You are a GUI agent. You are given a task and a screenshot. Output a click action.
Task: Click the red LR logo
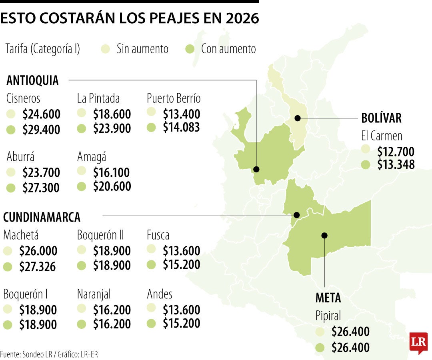click(x=418, y=343)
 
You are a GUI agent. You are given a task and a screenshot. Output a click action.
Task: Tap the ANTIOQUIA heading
click(x=32, y=80)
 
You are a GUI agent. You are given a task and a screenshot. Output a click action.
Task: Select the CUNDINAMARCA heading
click(x=42, y=217)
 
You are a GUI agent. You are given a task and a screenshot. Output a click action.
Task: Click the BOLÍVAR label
click(x=381, y=118)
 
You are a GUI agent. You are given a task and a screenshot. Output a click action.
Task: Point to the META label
click(x=328, y=298)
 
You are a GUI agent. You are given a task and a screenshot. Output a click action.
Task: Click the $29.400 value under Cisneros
click(x=41, y=130)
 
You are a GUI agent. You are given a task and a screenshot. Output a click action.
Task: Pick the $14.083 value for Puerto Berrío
click(x=181, y=128)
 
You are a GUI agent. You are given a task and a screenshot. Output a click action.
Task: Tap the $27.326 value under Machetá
click(x=38, y=267)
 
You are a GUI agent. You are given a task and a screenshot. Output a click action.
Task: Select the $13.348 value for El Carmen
click(x=396, y=164)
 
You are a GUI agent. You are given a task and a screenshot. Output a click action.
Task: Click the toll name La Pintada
click(x=98, y=98)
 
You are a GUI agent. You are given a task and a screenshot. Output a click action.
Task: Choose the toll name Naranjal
click(x=94, y=294)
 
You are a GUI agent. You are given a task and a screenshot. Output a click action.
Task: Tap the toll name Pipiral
click(x=328, y=316)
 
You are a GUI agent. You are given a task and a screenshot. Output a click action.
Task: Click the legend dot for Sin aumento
click(x=105, y=49)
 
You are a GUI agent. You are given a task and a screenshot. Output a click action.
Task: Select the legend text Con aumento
click(x=228, y=49)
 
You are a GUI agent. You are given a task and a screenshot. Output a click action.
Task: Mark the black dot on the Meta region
click(x=324, y=235)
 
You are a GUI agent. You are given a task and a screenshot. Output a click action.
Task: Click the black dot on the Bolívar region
click(x=298, y=118)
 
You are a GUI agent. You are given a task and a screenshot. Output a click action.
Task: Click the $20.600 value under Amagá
click(x=112, y=186)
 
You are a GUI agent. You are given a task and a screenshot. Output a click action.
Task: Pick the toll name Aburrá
click(x=20, y=157)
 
